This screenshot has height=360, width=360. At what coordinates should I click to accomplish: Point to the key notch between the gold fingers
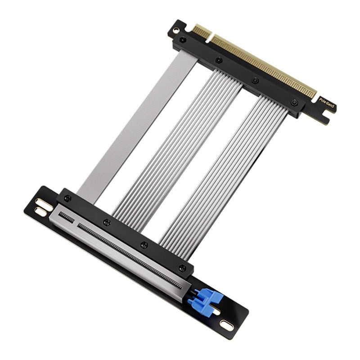click(210, 36)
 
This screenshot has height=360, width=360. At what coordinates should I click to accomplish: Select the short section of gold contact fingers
click(201, 31)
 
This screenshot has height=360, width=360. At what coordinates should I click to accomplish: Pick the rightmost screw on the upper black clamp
click(293, 103)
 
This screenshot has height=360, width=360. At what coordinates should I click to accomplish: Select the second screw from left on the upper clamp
click(218, 60)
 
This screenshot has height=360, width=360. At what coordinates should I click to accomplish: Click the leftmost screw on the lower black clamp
click(67, 198)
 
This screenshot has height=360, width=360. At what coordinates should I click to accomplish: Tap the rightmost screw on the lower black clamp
click(182, 268)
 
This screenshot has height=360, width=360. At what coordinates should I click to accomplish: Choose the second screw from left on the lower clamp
click(107, 222)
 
